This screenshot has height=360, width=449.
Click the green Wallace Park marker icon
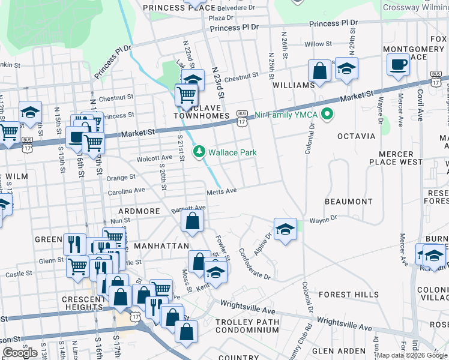tap(199, 153)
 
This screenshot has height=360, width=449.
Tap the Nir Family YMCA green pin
tap(328, 113)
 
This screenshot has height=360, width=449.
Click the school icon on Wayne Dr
tap(285, 229)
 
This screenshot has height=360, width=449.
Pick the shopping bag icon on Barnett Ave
tap(191, 220)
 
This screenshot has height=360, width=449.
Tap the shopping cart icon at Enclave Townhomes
tap(186, 94)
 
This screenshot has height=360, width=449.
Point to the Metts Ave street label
tap(223, 191)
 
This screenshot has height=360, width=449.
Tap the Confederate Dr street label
tap(255, 263)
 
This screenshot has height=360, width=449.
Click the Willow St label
tap(318, 44)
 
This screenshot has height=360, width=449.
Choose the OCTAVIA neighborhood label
tap(356, 136)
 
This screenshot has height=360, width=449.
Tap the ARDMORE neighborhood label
tap(139, 211)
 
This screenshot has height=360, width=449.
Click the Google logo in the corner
tap(20, 353)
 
